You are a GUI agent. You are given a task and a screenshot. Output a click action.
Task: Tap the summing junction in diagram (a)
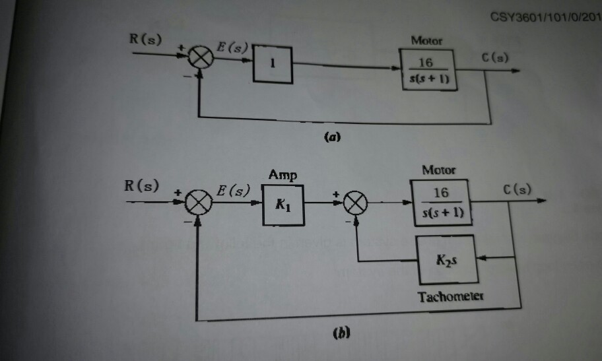[x=201, y=60]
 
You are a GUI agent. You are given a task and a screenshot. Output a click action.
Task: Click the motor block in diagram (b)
[x=440, y=202]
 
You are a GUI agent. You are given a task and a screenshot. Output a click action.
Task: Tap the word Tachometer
[x=451, y=297]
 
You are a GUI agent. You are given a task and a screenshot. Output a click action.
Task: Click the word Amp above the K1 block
[x=283, y=175]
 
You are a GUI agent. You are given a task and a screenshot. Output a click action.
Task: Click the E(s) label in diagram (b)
[x=234, y=191]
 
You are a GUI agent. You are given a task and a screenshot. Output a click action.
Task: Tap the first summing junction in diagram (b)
[x=196, y=206]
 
